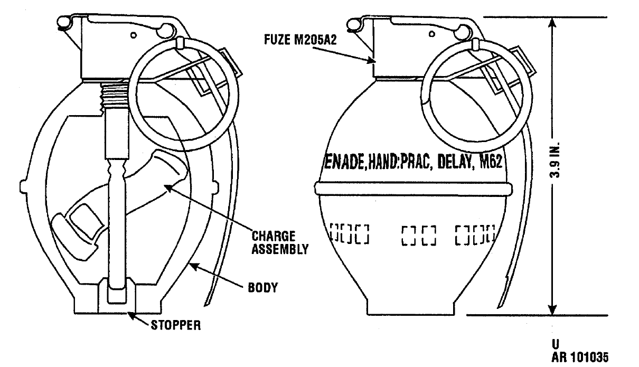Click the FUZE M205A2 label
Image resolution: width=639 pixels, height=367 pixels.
point(300,40)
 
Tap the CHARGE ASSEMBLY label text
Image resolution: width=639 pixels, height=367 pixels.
point(280,243)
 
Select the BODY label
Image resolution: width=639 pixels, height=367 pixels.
point(263,288)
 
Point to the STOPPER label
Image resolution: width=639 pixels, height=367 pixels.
point(176,325)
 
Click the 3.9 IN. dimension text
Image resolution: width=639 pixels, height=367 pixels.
point(555,160)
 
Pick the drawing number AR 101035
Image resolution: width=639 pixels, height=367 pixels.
point(580,357)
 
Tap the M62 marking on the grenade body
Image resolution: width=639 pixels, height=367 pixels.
point(491,162)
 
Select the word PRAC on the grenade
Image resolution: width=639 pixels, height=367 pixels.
point(415,163)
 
